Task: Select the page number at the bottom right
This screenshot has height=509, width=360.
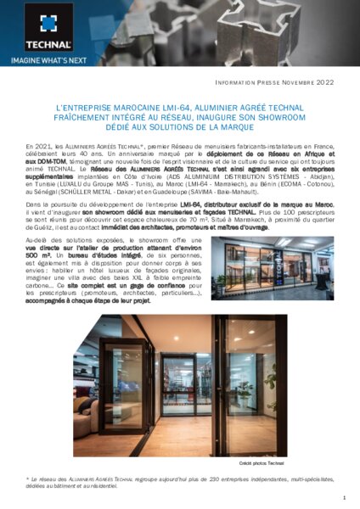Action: point(340,499)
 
